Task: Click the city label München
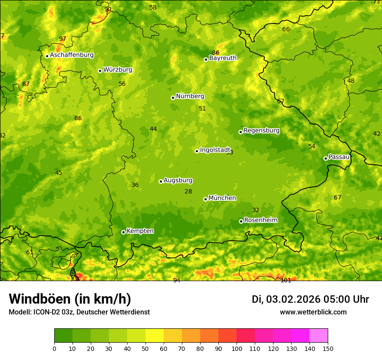coord(222,198)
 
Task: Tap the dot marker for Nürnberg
coord(173,98)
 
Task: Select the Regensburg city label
coord(261,131)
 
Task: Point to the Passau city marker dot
coord(326,158)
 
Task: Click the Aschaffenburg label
coord(72,55)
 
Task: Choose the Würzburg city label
coord(118,70)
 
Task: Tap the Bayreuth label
coord(223,58)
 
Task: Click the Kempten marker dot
coord(123,232)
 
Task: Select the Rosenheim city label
coord(260,220)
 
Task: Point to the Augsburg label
coord(178,180)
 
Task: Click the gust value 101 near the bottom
coord(286,280)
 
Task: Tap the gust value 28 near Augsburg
coord(188,191)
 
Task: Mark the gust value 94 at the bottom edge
coord(177,280)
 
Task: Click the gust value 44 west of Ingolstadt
coord(153,129)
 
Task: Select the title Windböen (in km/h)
coord(70,299)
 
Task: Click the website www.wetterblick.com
coord(313,312)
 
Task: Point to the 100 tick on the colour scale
coord(237,348)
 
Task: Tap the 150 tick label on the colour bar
coord(328,348)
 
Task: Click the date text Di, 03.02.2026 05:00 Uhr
coord(310,299)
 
